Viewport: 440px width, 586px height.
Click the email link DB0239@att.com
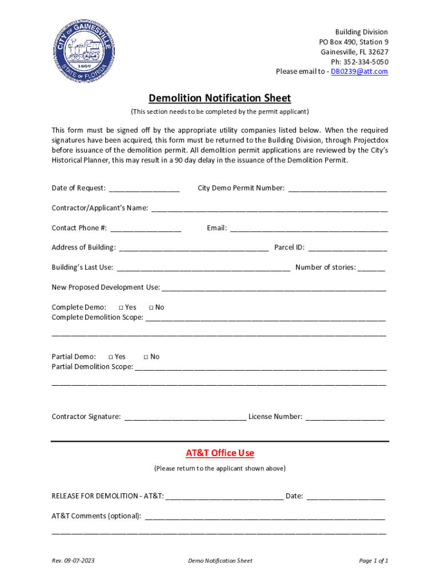[359, 72]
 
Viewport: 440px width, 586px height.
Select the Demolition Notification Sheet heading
[220, 98]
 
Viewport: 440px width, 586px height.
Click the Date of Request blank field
[144, 189]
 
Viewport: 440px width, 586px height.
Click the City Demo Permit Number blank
[337, 189]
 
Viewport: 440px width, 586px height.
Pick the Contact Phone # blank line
[146, 229]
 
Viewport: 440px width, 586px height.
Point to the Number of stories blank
[372, 268]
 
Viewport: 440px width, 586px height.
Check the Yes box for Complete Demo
[121, 308]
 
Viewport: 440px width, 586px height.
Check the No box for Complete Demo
[151, 308]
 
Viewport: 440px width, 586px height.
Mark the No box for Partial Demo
[146, 357]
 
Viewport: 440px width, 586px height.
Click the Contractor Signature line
[185, 417]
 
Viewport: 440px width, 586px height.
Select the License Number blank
[345, 417]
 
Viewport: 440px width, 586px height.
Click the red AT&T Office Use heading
[220, 453]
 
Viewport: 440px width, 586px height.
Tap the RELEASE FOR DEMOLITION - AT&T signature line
[224, 497]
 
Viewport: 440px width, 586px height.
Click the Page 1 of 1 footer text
[374, 561]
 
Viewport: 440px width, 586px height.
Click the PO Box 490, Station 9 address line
[354, 42]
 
